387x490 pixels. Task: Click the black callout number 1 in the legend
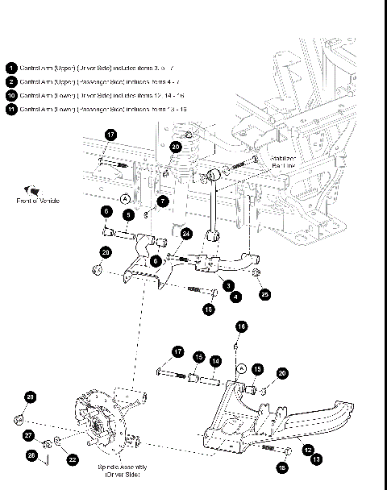11,69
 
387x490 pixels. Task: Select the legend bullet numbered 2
11,81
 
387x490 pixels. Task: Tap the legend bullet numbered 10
11,94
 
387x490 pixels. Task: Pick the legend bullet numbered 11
11,107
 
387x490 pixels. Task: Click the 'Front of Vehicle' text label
39,200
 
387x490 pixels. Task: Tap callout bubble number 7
163,201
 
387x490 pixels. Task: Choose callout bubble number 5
127,214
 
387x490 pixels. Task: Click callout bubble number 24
186,235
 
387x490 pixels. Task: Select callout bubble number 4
236,297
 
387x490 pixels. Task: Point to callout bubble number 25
265,295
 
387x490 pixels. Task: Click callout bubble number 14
215,361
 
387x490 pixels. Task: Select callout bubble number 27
30,435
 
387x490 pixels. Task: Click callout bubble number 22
72,459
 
